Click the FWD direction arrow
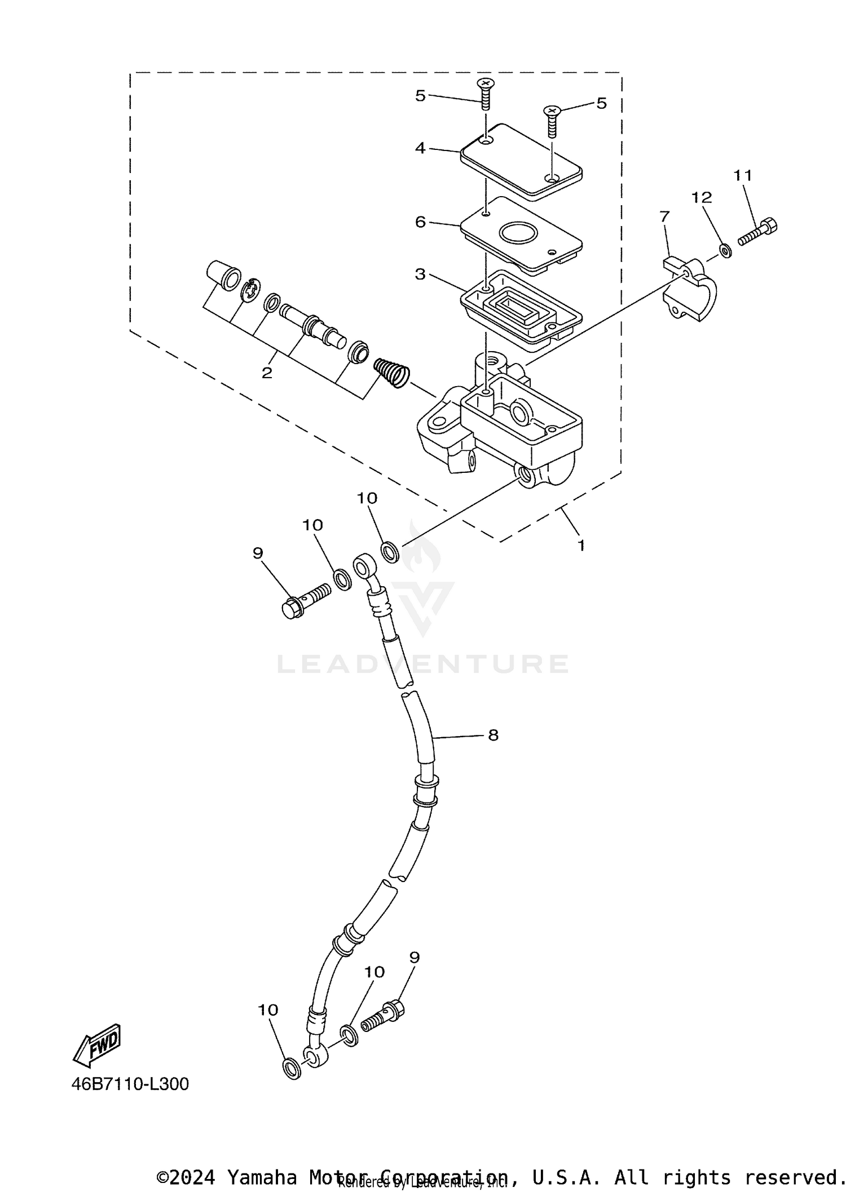(97, 1045)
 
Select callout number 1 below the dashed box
(581, 545)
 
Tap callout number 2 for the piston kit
(267, 373)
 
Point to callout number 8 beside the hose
(493, 735)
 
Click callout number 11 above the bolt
(743, 176)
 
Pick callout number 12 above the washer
(702, 197)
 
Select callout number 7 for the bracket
(664, 216)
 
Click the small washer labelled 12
(726, 250)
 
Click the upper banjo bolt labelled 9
(305, 601)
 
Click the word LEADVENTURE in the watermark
(423, 664)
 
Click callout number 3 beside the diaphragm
(420, 274)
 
